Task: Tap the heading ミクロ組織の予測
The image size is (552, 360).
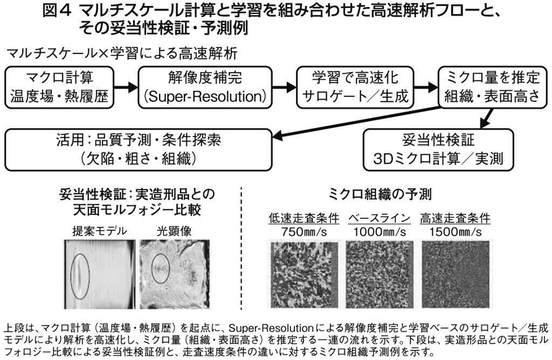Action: click(x=380, y=193)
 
